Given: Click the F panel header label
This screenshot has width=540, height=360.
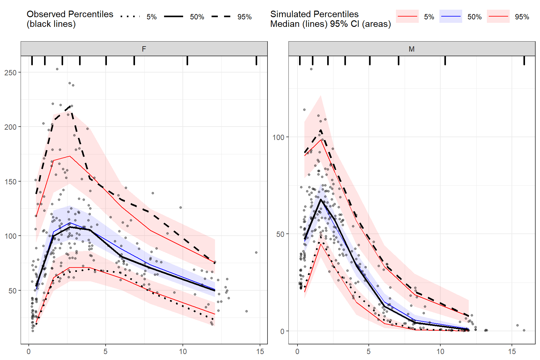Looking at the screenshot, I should [x=144, y=49].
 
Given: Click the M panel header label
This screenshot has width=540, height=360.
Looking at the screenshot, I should [x=412, y=49].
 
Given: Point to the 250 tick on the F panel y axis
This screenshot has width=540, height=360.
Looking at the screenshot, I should [x=10, y=72].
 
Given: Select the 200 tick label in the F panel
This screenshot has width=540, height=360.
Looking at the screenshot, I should [x=10, y=127].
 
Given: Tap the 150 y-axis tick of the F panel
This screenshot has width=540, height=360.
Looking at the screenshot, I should [x=10, y=182].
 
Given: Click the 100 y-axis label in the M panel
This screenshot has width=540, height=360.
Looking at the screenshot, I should [x=278, y=137].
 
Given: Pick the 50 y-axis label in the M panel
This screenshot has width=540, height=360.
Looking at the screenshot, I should [x=280, y=234].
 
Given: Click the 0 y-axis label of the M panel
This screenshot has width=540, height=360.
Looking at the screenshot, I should [x=282, y=331].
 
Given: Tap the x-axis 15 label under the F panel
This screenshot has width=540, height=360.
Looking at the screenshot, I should [x=260, y=352].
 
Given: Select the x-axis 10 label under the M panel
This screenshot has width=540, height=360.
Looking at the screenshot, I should [x=440, y=352].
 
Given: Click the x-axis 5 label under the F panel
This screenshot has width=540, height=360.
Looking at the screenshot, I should [x=106, y=352].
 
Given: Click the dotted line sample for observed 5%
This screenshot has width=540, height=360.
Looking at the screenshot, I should [x=130, y=17].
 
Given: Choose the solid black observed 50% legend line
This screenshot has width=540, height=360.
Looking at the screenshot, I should [x=173, y=17].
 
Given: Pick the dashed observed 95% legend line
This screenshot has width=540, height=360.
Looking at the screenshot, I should [x=221, y=17].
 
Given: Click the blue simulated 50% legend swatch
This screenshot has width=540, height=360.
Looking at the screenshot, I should [x=451, y=17].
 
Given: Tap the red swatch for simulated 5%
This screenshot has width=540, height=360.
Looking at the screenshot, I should [x=407, y=17].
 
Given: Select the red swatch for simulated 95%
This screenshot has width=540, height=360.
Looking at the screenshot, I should [x=498, y=17].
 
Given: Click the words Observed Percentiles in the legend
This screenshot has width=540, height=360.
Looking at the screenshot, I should [x=70, y=14].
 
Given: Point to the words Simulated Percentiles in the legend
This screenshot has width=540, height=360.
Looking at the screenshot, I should [x=314, y=14].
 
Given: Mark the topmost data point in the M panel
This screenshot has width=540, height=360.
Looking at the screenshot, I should [x=311, y=69].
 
